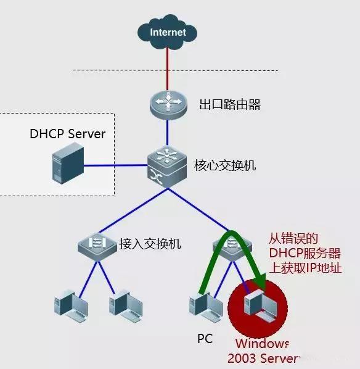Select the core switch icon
[167, 165]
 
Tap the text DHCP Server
[67, 134]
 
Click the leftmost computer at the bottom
[68, 304]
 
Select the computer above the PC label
[204, 304]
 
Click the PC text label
[205, 339]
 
